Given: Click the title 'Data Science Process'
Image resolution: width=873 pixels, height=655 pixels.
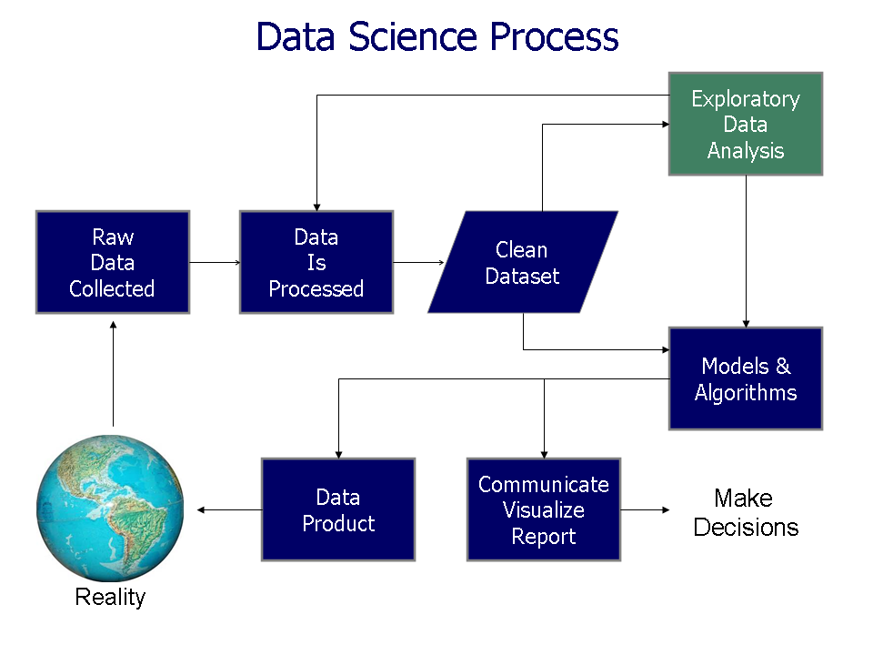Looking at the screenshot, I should pos(436,37).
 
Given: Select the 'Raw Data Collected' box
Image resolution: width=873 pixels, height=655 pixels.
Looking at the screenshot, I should pos(113,263).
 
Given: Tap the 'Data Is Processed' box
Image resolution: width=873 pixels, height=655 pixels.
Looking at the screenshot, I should pos(316,263).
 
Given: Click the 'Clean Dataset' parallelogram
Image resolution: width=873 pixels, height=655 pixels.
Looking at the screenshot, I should pos(523,263).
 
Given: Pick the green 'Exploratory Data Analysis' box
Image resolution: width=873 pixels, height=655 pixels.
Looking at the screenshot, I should pos(746,125).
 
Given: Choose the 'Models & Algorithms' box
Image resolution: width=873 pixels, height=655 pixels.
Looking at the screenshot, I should pos(746,378).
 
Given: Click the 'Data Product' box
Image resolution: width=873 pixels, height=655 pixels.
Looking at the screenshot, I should pos(338,509).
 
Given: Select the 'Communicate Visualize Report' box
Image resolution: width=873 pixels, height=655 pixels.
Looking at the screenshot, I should pos(544,509).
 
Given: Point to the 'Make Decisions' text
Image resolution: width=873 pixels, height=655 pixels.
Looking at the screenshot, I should pos(746,512).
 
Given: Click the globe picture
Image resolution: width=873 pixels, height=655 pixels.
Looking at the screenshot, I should pos(110,509).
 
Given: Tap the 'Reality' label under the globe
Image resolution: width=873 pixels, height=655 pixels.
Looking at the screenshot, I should pos(110,598).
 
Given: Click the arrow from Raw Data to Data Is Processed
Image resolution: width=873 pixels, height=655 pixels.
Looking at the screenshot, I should pos(215,263).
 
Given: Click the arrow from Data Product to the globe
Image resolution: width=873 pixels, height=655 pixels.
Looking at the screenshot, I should pos(229,510).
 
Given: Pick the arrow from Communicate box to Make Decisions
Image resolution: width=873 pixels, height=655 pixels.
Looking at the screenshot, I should pos(645,510).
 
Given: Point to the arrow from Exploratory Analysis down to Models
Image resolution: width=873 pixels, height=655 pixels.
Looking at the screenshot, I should pos(747,250).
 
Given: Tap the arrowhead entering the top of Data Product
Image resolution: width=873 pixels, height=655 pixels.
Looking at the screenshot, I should pos(338,452).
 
